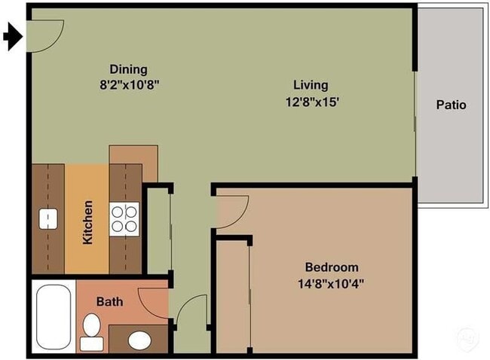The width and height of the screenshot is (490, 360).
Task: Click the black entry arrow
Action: pyautogui.click(x=12, y=36)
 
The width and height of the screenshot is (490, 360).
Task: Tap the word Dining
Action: pyautogui.click(x=128, y=69)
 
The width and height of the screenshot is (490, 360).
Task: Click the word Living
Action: pyautogui.click(x=311, y=85)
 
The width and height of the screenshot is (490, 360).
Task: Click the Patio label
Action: pyautogui.click(x=451, y=105)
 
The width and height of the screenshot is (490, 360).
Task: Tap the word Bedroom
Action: pyautogui.click(x=331, y=267)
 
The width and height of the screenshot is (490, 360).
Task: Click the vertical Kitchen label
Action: pyautogui.click(x=87, y=221)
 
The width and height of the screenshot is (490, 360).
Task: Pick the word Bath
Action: pyautogui.click(x=109, y=301)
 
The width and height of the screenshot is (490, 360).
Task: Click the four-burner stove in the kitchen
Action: pyautogui.click(x=124, y=218)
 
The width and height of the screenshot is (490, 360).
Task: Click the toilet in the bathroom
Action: pyautogui.click(x=92, y=331)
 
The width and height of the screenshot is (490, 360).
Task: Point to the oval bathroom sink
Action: pyautogui.click(x=139, y=340)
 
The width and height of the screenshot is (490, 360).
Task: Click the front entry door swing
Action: pyautogui.click(x=44, y=34)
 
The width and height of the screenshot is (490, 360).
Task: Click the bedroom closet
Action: pyautogui.click(x=231, y=294)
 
